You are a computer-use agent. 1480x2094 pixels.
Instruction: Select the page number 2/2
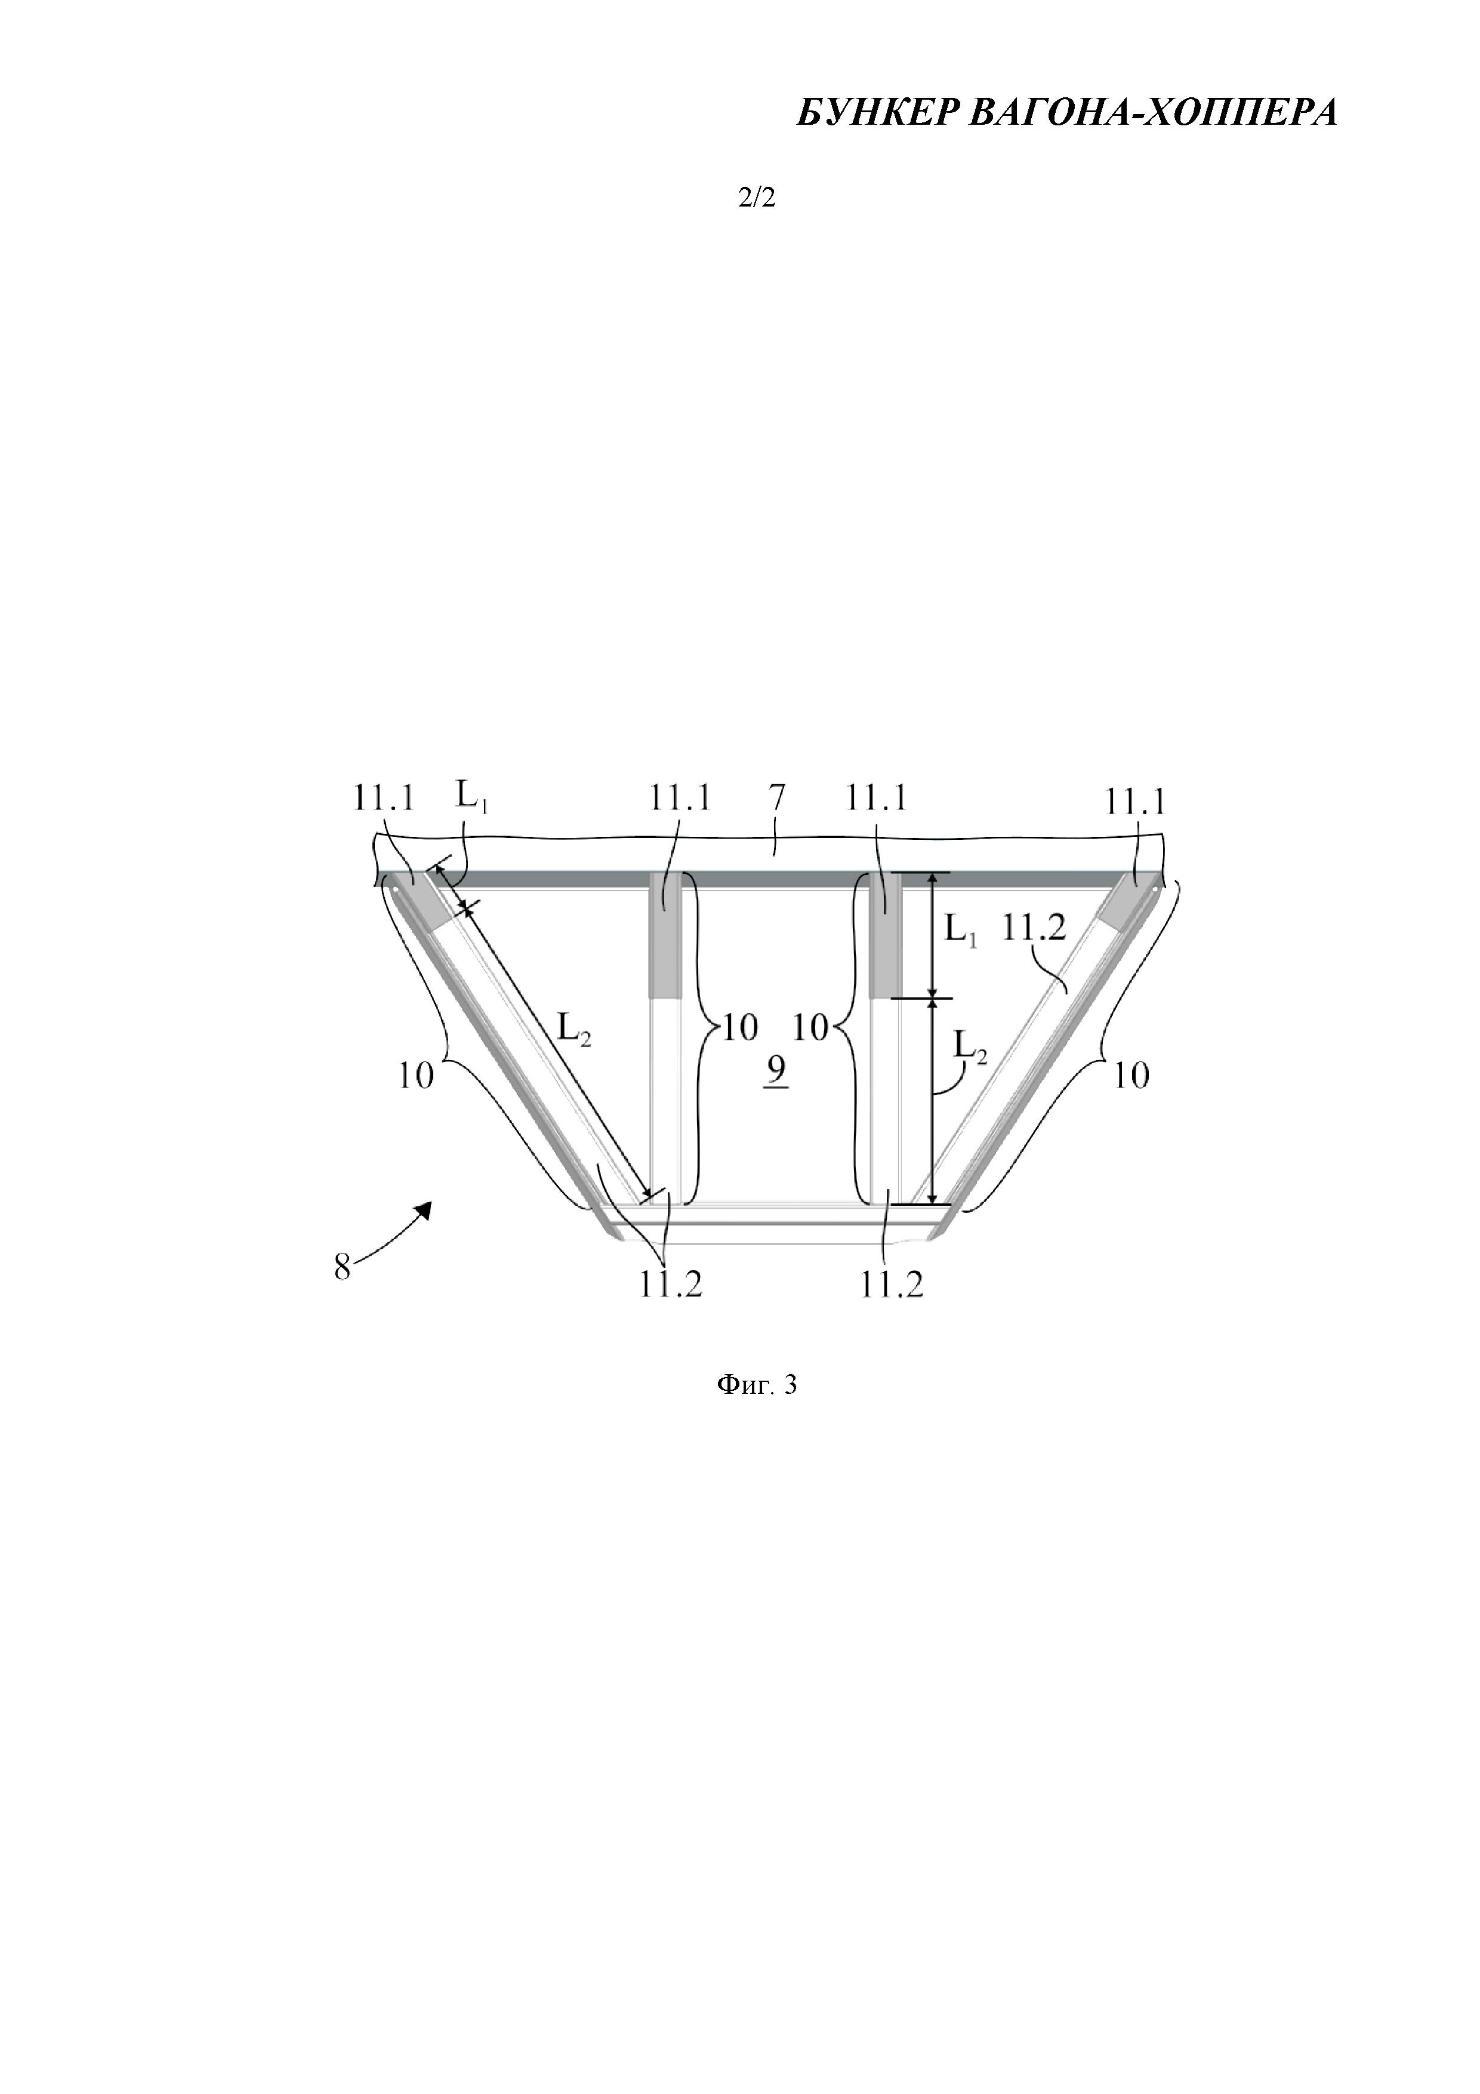tap(756, 198)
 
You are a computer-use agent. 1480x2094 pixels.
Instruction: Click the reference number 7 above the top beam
tap(776, 798)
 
